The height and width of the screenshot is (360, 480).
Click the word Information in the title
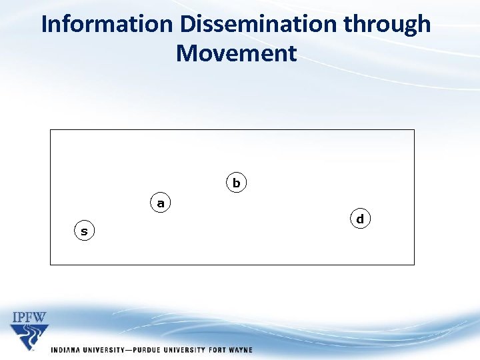click(x=107, y=25)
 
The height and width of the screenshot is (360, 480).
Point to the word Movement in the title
click(x=236, y=53)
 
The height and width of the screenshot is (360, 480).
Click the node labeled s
click(x=84, y=231)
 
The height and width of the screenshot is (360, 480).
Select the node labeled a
click(x=160, y=203)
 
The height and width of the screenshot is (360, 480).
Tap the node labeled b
click(x=236, y=182)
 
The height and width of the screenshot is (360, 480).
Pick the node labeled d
click(x=360, y=219)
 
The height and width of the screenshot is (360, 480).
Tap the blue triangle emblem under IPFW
click(x=29, y=337)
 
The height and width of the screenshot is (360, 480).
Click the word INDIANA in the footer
click(x=67, y=350)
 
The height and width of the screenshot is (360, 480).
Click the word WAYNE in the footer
click(x=239, y=350)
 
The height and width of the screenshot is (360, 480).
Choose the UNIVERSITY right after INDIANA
click(x=103, y=350)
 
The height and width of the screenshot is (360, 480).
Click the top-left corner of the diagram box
click(x=51, y=130)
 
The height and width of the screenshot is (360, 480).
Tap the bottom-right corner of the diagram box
click(x=414, y=265)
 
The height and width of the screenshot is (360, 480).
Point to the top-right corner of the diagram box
click(x=414, y=130)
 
